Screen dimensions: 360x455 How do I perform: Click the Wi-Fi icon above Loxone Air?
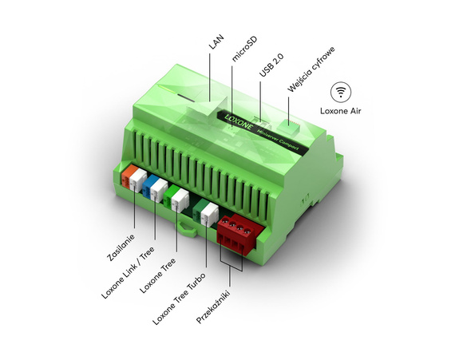342,90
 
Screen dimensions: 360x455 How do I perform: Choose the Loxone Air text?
341,111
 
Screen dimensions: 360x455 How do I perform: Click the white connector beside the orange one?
140,178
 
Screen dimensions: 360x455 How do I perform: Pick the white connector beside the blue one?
160,190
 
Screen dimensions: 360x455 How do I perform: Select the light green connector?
171,197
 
